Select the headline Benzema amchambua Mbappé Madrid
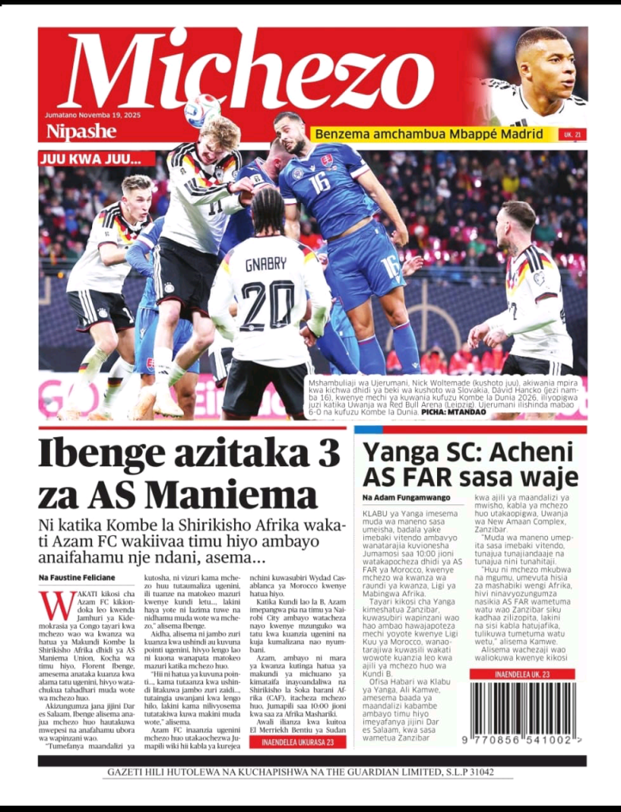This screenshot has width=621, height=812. (429, 134)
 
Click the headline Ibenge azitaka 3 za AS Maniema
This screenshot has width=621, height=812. (189, 473)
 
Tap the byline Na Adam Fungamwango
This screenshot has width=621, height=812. (406, 497)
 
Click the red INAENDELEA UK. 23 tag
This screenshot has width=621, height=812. (522, 674)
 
